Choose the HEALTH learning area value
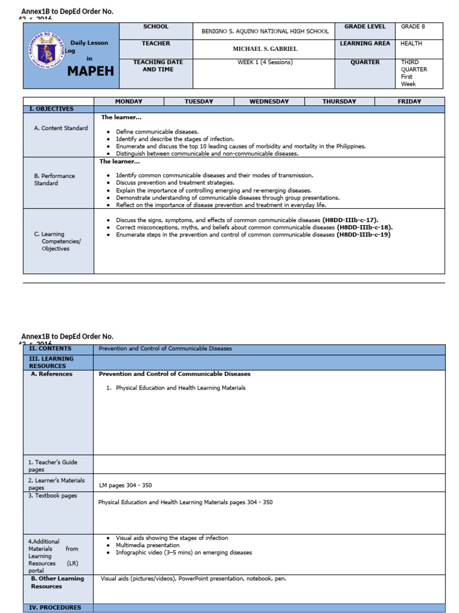pyautogui.click(x=411, y=44)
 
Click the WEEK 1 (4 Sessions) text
pyautogui.click(x=263, y=62)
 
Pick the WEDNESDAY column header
pyautogui.click(x=269, y=102)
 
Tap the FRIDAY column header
pyautogui.click(x=409, y=102)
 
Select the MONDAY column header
pyautogui.click(x=128, y=102)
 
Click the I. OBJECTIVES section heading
pyautogui.click(x=51, y=109)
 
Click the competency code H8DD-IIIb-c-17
pyautogui.click(x=350, y=220)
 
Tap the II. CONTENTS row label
pyautogui.click(x=50, y=348)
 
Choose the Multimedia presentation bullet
pyautogui.click(x=148, y=545)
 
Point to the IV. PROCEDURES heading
pyautogui.click(x=55, y=608)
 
